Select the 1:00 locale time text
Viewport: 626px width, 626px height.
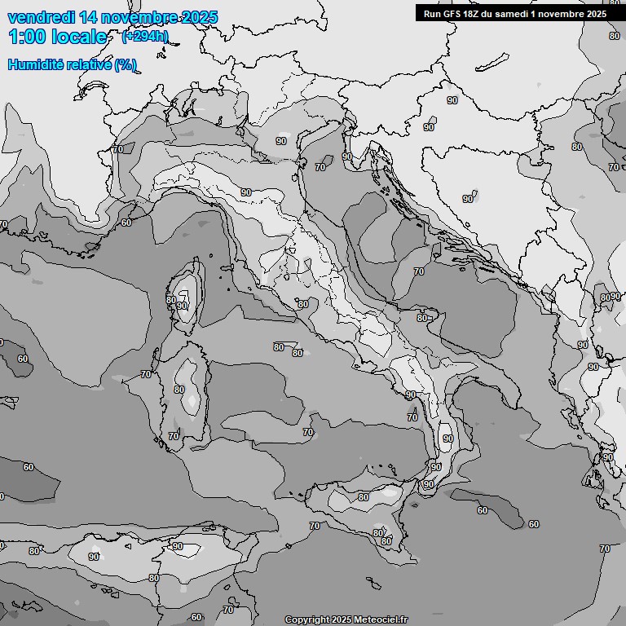tap(57, 37)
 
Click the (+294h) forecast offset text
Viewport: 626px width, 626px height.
tap(145, 36)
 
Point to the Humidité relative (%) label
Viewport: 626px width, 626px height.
tap(72, 64)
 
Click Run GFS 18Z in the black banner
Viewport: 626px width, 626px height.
tap(453, 14)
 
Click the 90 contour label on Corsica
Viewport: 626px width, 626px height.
tap(182, 306)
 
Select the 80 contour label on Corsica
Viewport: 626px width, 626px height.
tap(171, 299)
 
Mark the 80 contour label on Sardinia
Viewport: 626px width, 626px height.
tap(179, 390)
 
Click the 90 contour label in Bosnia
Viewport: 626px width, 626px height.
tap(468, 198)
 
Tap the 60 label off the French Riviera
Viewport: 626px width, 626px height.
tap(126, 222)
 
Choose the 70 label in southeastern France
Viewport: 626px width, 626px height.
tap(118, 149)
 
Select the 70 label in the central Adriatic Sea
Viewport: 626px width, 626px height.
tap(419, 271)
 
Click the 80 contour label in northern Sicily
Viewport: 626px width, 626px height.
tap(364, 497)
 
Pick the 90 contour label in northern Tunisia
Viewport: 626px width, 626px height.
tap(177, 546)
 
